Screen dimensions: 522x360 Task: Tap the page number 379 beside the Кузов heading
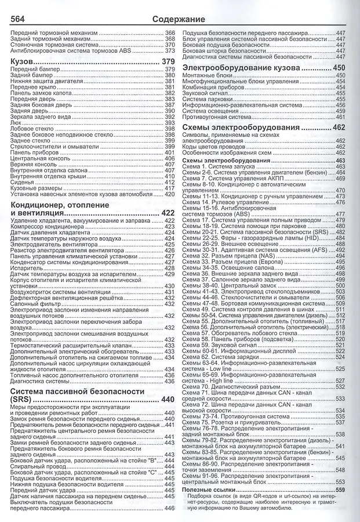(168, 61)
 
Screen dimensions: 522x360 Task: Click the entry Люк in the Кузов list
(17, 122)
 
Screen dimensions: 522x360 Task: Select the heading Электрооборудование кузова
(249, 68)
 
